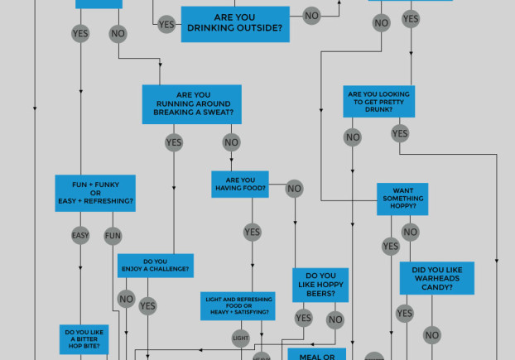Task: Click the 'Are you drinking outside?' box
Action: [x=235, y=24]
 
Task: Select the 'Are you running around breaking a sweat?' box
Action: [x=191, y=104]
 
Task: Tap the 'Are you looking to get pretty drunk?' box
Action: [x=379, y=101]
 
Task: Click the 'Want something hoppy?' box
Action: [x=402, y=199]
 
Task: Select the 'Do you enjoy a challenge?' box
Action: [x=155, y=266]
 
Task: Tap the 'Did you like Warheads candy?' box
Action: [x=436, y=279]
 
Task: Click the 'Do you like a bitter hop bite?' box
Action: [x=84, y=339]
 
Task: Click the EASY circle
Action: [x=80, y=237]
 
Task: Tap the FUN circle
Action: [x=113, y=237]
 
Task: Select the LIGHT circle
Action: [x=241, y=338]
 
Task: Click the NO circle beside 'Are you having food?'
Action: [x=294, y=189]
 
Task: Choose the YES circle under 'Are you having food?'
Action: [x=253, y=233]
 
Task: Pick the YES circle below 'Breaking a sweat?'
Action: [x=174, y=143]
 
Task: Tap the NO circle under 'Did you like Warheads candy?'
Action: [x=431, y=335]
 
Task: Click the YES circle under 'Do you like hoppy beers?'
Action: [x=304, y=318]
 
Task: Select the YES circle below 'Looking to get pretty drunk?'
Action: [x=400, y=133]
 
